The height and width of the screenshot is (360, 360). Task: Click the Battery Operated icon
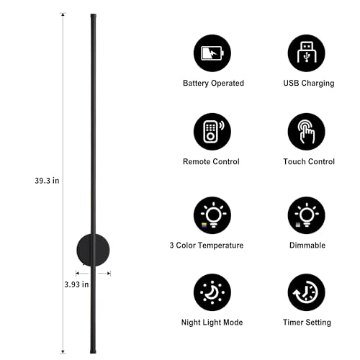(212, 53)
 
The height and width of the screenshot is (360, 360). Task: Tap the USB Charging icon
(307, 53)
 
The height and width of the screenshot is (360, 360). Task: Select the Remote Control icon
(212, 132)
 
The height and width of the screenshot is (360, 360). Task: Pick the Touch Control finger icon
(307, 132)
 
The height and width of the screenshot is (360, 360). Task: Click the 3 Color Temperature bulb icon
(212, 215)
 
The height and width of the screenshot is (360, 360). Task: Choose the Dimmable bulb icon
(307, 215)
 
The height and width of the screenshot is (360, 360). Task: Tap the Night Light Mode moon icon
(212, 292)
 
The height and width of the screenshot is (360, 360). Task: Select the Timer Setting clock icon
(307, 292)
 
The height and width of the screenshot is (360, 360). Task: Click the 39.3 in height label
(47, 181)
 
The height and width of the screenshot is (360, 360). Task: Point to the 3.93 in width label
(76, 284)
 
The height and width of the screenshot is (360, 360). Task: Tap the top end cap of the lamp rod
(94, 16)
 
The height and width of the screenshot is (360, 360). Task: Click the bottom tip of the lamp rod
(93, 352)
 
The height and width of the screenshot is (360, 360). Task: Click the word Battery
(196, 84)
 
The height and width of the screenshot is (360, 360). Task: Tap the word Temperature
(221, 246)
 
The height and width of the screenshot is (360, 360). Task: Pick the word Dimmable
(307, 246)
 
